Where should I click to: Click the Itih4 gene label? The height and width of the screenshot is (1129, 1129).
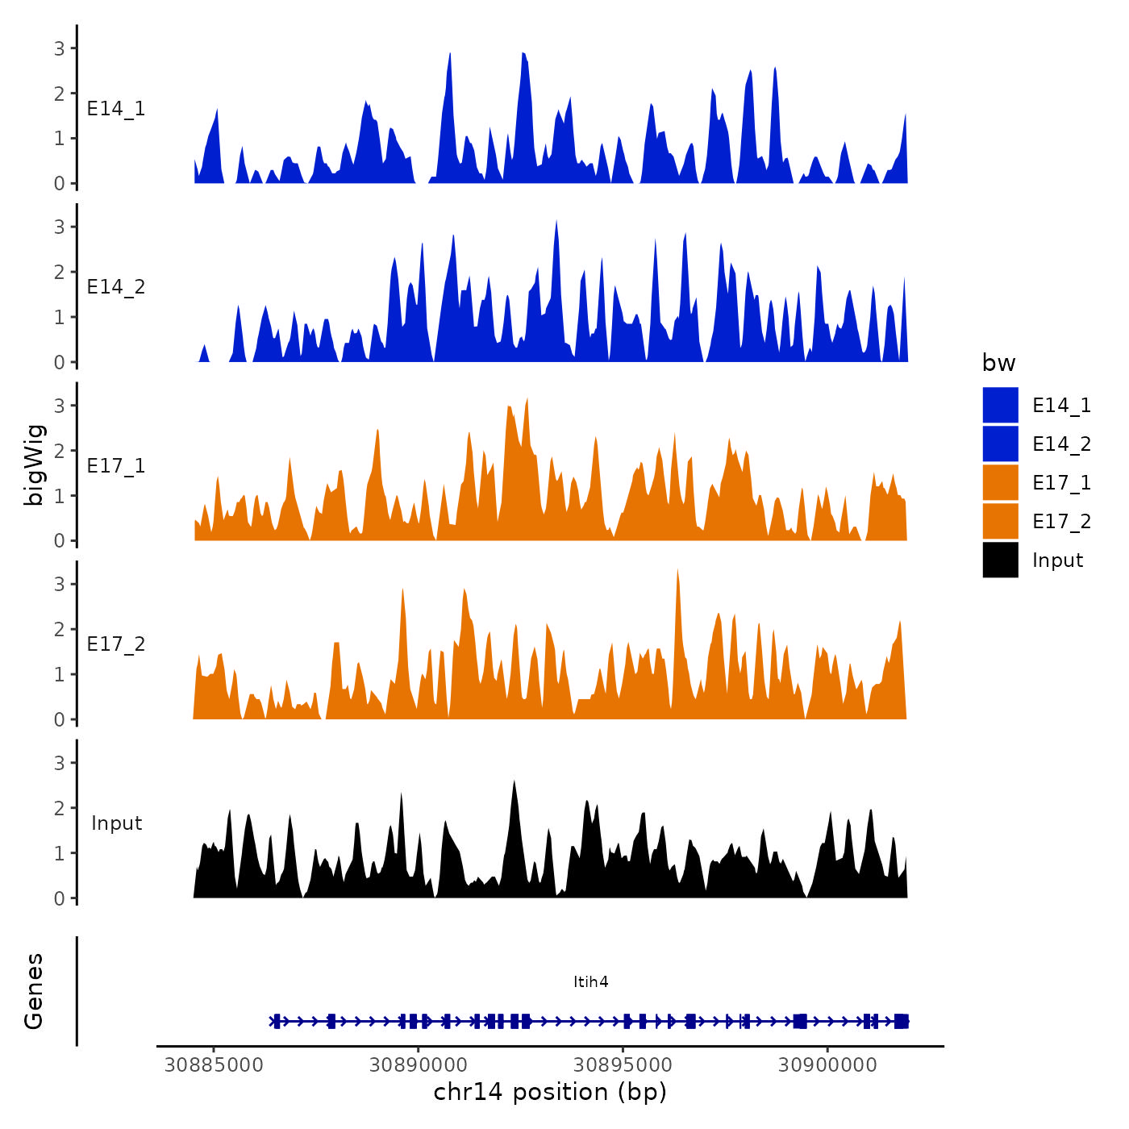(x=590, y=981)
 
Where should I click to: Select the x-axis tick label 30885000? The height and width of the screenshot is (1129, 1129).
(x=214, y=1065)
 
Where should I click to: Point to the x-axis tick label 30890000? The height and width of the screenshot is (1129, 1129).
(x=419, y=1065)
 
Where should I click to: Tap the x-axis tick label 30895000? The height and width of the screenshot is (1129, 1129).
(x=623, y=1065)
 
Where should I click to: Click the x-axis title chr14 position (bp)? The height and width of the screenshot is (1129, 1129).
(x=550, y=1092)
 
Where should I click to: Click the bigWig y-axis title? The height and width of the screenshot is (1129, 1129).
(x=34, y=465)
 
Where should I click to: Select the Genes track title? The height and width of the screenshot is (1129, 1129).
(x=34, y=991)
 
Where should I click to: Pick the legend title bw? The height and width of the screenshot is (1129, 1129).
(x=998, y=363)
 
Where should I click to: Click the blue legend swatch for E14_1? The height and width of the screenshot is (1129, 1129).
(x=1000, y=405)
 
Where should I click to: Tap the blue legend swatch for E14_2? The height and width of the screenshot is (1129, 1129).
(x=1000, y=444)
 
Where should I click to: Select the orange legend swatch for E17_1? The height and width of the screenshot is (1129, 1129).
(x=1000, y=482)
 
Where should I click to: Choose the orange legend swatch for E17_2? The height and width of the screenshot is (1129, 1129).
(x=1000, y=521)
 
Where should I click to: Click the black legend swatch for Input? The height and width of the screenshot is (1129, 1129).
(x=1000, y=560)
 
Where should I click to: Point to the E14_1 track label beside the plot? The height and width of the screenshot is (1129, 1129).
(x=116, y=109)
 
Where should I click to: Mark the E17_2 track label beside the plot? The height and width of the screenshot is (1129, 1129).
(x=116, y=644)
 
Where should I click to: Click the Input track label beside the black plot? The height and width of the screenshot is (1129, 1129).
(x=116, y=823)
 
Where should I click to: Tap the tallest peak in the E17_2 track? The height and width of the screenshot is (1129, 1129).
(x=677, y=571)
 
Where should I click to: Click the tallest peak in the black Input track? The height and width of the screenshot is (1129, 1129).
(x=514, y=782)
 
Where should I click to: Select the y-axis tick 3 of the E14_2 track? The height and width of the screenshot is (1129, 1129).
(x=60, y=227)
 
